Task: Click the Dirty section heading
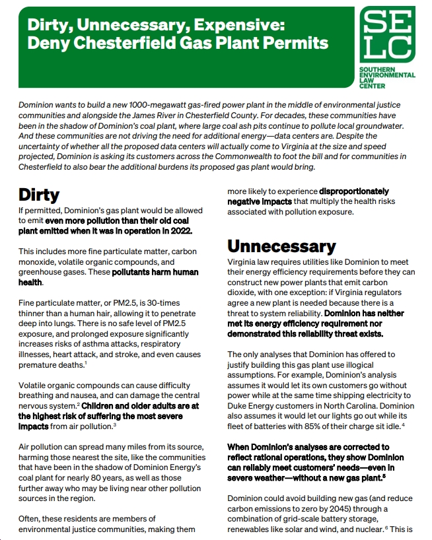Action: [x=39, y=195]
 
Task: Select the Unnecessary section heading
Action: [x=281, y=246]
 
